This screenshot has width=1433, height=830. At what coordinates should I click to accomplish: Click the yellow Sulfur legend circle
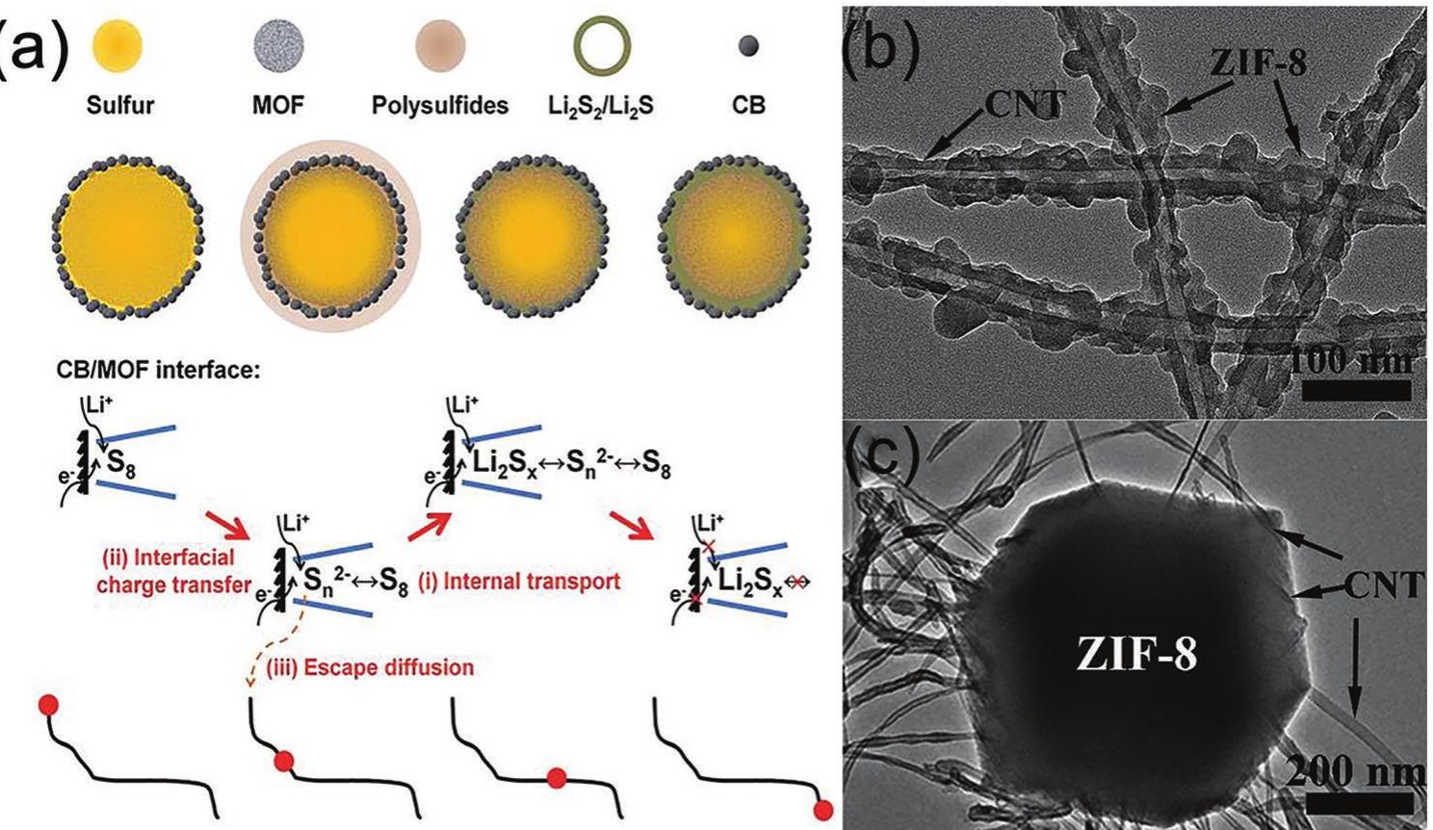(117, 45)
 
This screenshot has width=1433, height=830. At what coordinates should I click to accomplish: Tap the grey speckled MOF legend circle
(278, 45)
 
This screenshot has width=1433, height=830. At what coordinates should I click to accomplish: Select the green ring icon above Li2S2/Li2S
(602, 46)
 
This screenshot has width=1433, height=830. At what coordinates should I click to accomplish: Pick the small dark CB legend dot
(748, 46)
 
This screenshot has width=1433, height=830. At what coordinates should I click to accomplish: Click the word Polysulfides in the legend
(440, 106)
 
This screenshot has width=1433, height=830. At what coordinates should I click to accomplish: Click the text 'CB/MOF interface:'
(158, 372)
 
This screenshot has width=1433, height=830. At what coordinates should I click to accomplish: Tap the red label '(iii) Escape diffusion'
(369, 667)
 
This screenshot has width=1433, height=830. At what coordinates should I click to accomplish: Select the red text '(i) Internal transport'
(519, 582)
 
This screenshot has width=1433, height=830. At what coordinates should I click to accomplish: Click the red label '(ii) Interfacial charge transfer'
(174, 571)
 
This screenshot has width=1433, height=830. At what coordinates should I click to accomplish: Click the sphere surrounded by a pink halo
(330, 235)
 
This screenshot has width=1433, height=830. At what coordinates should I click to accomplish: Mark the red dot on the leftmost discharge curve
(48, 706)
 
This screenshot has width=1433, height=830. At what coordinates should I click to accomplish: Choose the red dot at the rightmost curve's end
(823, 810)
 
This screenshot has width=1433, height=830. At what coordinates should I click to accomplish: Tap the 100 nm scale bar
(1356, 390)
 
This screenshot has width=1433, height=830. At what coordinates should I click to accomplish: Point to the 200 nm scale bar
(1359, 803)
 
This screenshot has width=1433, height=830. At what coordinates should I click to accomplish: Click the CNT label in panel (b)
(1025, 104)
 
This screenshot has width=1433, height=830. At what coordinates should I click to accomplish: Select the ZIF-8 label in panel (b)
(1259, 64)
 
